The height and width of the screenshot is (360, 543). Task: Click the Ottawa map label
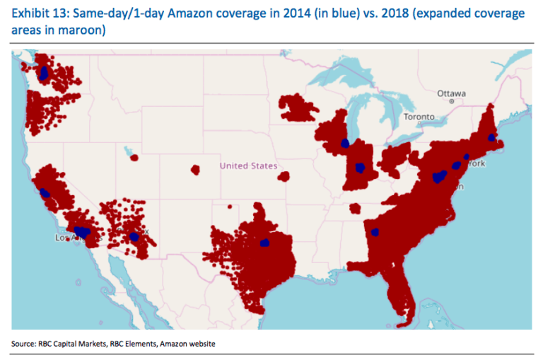[x=451, y=93]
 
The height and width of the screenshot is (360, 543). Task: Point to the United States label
[x=243, y=166]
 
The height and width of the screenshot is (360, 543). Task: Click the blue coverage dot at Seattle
[x=45, y=72]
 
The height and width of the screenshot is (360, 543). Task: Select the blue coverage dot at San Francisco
[x=45, y=192]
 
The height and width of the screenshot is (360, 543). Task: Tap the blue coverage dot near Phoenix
[x=134, y=237]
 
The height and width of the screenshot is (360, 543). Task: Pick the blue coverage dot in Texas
[x=265, y=243]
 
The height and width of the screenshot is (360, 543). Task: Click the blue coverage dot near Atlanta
[x=374, y=231]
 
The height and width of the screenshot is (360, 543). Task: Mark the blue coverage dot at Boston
[x=491, y=137]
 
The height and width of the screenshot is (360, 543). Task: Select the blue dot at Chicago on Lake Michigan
[x=345, y=143]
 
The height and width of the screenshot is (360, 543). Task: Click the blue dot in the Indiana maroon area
[x=361, y=168]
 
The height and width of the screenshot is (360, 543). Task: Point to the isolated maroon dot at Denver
[x=195, y=170]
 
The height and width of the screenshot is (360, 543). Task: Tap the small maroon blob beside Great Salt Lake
[x=134, y=157]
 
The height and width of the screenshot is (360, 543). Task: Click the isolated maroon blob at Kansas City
[x=284, y=176]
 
